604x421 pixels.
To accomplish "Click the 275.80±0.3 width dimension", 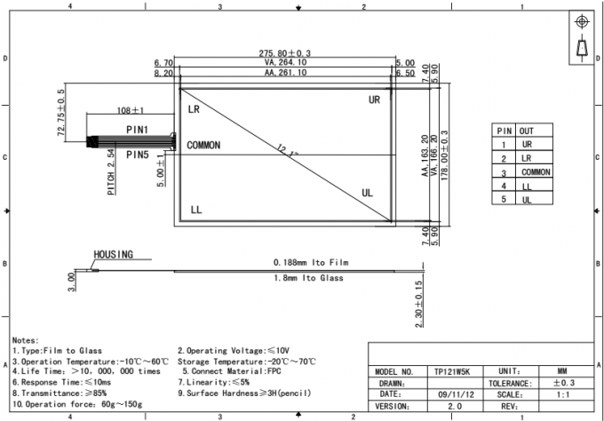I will (x=286, y=54).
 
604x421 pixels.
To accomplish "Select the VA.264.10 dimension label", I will (x=285, y=63).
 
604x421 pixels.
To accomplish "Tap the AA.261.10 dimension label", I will (x=285, y=73).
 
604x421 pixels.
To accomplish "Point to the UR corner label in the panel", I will (x=374, y=100).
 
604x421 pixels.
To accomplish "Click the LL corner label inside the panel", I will (x=196, y=210).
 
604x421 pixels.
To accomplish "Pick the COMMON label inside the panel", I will (x=203, y=145).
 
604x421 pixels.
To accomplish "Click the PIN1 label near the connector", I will (x=137, y=130).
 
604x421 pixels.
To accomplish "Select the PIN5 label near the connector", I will (x=137, y=155).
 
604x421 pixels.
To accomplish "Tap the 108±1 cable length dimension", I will (x=131, y=111).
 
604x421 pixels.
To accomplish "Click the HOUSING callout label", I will (x=113, y=254).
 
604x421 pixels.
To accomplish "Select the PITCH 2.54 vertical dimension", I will (x=110, y=171).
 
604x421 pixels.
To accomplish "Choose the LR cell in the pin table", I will (x=527, y=158).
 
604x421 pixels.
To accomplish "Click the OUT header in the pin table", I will (x=528, y=131).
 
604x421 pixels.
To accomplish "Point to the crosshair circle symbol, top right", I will (x=583, y=20).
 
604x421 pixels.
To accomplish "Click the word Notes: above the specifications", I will (x=25, y=340).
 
